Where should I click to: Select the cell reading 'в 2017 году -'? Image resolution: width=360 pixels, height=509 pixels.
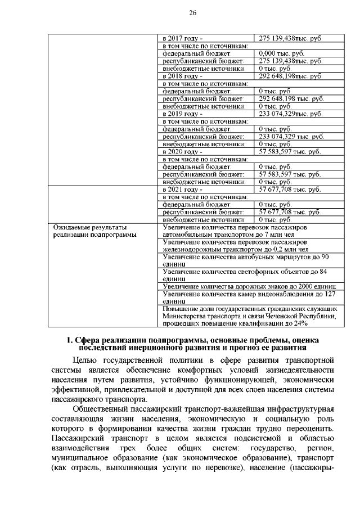pyautogui.click(x=182, y=38)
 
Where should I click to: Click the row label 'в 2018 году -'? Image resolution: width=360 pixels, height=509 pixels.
pyautogui.click(x=182, y=75)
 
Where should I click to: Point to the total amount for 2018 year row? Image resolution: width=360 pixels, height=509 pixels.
pyautogui.click(x=290, y=75)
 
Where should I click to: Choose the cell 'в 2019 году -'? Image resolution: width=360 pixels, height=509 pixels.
pyautogui.click(x=182, y=114)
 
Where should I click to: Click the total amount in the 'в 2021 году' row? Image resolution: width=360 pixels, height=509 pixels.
pyautogui.click(x=289, y=190)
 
